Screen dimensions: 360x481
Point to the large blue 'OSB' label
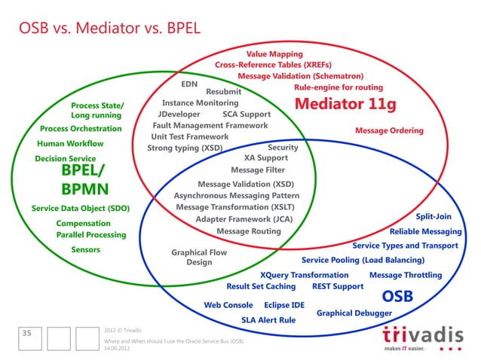tap(397, 296)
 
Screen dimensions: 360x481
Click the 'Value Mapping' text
tap(274, 54)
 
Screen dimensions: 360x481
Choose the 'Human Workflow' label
tap(70, 143)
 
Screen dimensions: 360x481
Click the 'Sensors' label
tap(86, 249)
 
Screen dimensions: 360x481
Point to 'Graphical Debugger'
tap(354, 313)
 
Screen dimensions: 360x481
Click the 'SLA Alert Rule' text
tap(268, 320)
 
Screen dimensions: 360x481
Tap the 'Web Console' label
tap(228, 305)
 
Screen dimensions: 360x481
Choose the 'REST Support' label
tap(338, 286)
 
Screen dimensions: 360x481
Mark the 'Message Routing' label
tap(249, 231)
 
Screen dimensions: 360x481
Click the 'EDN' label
tap(189, 84)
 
